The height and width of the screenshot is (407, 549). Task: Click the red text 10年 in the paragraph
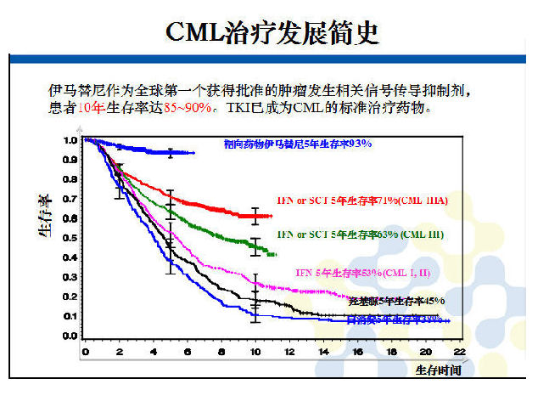(92, 109)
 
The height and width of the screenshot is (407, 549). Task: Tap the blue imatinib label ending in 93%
(298, 144)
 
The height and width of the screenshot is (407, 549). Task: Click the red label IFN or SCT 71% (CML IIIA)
(361, 200)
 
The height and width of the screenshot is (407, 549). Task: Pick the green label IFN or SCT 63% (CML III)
(360, 234)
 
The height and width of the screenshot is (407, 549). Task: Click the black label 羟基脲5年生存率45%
(396, 301)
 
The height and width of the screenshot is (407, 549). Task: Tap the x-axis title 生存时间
(438, 370)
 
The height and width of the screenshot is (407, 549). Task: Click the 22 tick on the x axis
(459, 351)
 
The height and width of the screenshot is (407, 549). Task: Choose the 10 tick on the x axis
(255, 351)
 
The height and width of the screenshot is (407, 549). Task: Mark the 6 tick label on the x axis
(187, 351)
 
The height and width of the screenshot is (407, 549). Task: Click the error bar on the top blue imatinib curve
(171, 152)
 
